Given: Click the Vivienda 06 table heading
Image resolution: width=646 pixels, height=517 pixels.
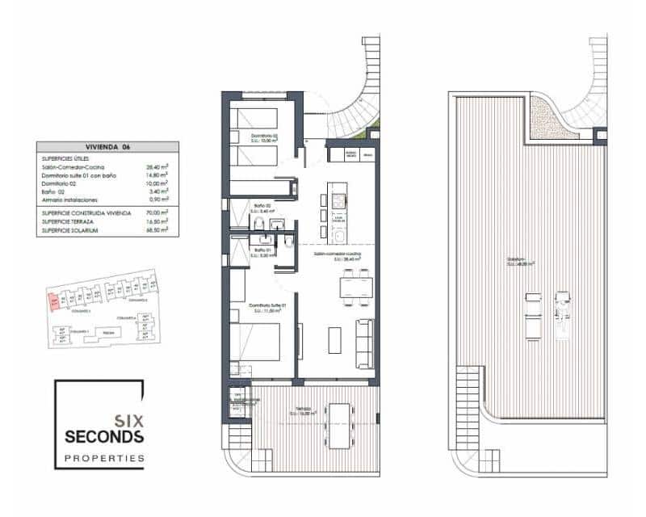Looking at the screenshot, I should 107,147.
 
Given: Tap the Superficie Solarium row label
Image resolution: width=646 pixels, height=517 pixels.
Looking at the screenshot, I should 70,230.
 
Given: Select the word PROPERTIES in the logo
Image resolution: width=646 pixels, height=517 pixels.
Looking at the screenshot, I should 104,458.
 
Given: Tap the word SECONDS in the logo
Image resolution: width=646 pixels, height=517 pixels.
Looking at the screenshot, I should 104,438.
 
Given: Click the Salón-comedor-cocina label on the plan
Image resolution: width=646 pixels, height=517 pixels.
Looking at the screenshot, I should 337,254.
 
